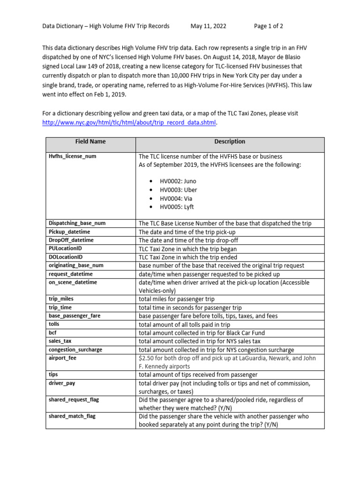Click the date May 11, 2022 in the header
point(208,26)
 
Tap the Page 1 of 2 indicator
point(269,26)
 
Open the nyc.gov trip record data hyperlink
point(130,123)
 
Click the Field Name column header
point(90,142)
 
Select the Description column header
point(230,142)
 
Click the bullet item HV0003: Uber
point(178,190)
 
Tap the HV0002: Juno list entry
point(178,181)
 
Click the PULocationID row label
point(66,249)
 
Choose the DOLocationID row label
point(66,257)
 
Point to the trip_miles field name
point(61,299)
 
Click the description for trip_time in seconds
point(190,308)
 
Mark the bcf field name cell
point(53,333)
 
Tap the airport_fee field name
point(62,358)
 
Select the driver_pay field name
point(62,383)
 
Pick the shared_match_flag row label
point(72,416)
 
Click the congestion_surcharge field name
point(75,350)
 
